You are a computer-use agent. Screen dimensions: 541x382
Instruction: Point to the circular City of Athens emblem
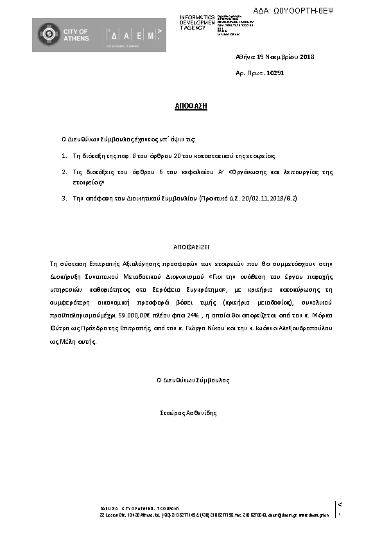[47, 35]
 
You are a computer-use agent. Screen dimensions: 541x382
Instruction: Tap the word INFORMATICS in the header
[197, 17]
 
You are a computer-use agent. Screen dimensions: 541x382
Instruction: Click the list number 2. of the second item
[64, 172]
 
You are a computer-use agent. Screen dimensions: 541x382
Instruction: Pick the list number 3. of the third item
[64, 199]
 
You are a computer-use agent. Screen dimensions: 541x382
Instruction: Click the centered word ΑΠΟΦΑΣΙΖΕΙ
[190, 246]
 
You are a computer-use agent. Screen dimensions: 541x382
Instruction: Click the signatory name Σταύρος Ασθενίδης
[190, 412]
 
